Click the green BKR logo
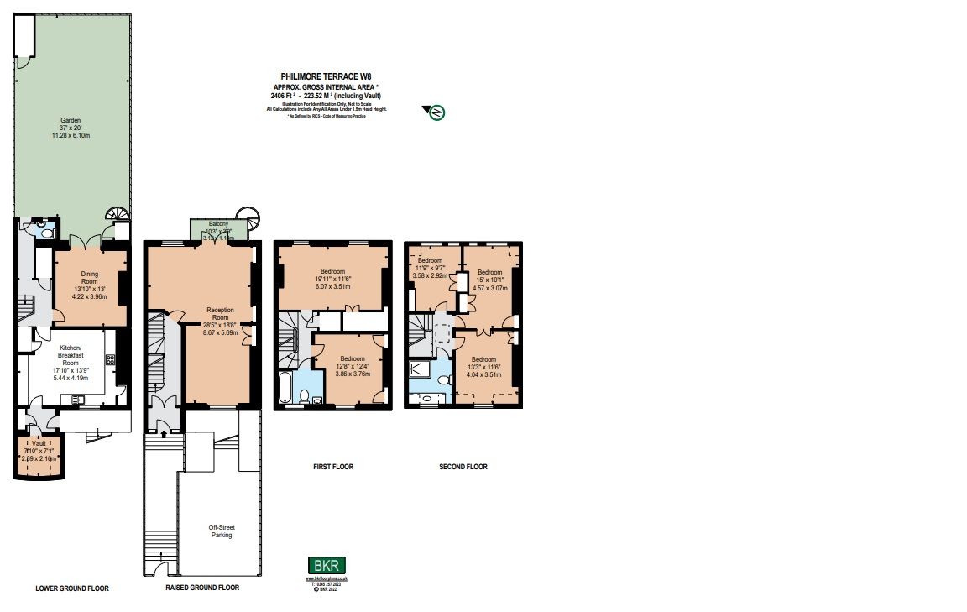(327, 566)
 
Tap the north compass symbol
(436, 112)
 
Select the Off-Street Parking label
(221, 531)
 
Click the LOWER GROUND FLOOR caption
(72, 588)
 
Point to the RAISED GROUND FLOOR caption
(202, 588)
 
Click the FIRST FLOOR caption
(332, 467)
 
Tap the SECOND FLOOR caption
(463, 467)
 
